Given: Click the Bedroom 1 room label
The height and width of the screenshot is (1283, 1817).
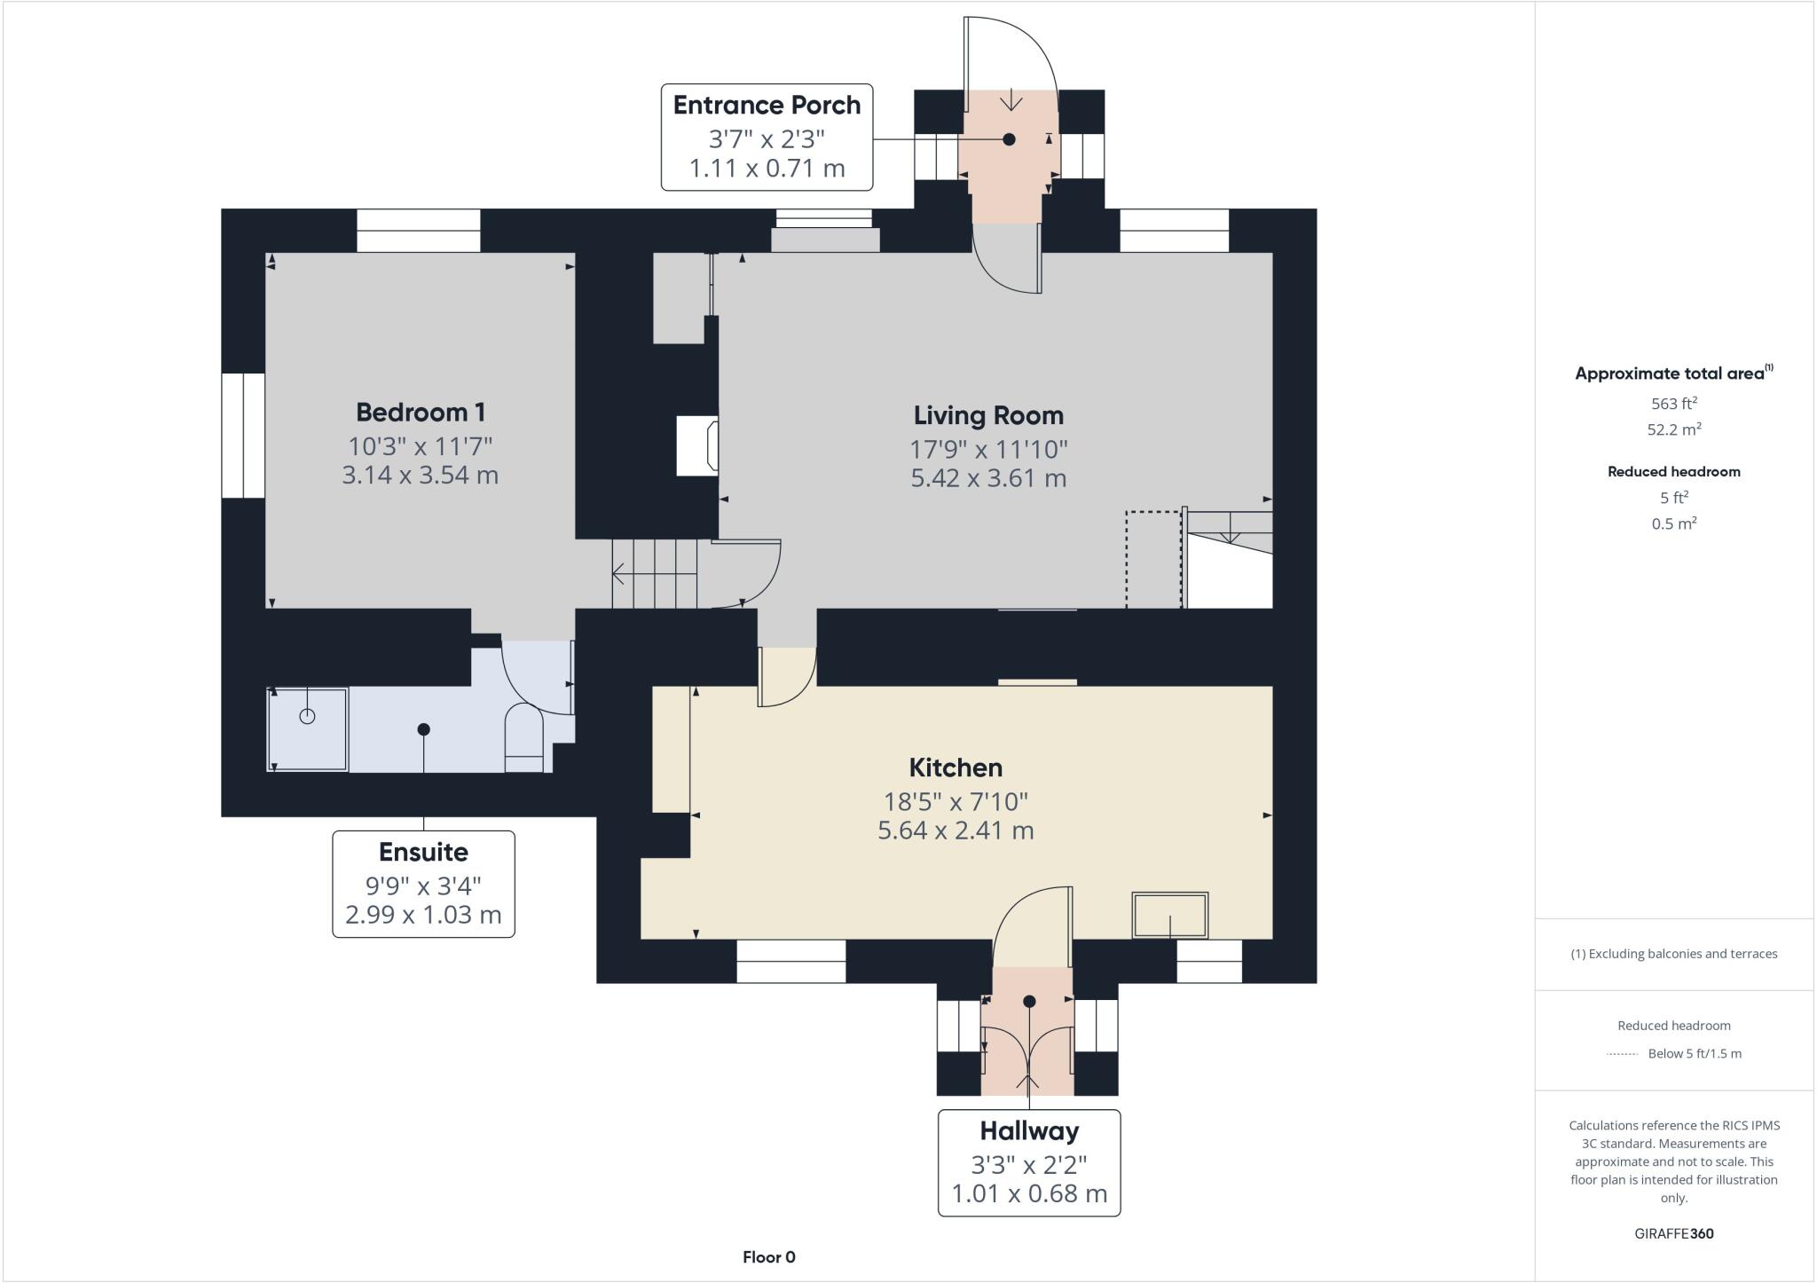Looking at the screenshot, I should (x=420, y=413).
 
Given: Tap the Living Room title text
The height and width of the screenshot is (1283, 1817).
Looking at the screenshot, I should (x=988, y=415).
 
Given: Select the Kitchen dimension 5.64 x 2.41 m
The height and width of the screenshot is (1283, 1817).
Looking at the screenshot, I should (x=956, y=830).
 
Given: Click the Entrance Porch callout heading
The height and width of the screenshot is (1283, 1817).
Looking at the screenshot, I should (x=767, y=106).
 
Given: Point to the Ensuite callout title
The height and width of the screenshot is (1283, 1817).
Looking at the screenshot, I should (x=423, y=852).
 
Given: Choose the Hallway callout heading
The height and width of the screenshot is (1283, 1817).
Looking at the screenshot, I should (x=1029, y=1130).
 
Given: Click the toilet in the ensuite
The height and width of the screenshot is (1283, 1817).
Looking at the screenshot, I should (x=523, y=737).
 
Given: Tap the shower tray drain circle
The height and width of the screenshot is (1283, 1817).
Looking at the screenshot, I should (x=307, y=716).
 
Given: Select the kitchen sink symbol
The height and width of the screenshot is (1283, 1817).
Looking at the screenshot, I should (x=1169, y=915).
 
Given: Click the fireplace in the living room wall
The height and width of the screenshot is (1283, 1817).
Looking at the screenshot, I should (x=697, y=445).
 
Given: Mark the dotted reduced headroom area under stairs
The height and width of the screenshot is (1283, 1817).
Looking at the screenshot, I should (x=1153, y=559).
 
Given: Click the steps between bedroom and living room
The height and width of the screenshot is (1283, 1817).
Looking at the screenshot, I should (x=655, y=574).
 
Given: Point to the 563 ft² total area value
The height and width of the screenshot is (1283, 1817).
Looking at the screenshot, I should (x=1673, y=404).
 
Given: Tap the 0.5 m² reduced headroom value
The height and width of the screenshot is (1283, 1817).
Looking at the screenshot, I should (x=1673, y=523).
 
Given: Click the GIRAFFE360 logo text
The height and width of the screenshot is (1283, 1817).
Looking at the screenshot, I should (x=1673, y=1233).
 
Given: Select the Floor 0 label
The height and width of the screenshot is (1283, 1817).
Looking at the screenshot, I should (x=768, y=1256).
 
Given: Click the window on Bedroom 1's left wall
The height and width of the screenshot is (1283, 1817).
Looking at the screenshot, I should (x=243, y=436).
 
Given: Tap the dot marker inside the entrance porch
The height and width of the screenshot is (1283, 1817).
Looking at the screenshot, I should (x=1009, y=139).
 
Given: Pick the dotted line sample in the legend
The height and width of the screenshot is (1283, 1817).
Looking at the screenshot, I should (x=1622, y=1054).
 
